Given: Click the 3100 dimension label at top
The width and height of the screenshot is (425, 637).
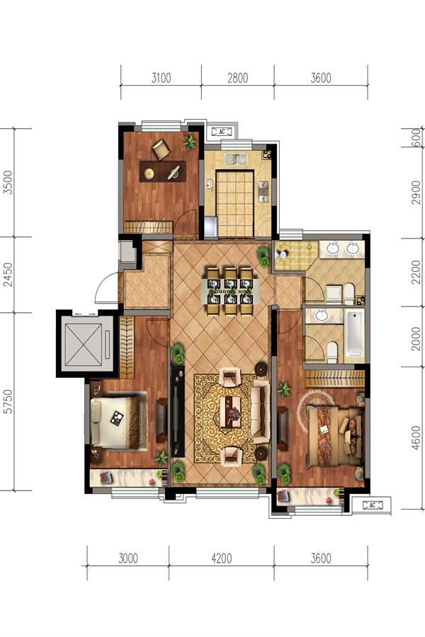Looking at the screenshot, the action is pos(161,78).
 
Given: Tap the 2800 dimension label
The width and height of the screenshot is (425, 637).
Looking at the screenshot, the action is pos(237,78).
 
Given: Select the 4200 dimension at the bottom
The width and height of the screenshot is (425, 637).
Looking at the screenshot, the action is pos(222,558).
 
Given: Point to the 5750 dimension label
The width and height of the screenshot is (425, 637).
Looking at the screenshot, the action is pos(8,401).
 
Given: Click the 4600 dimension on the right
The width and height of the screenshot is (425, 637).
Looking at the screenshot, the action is pos(415,437).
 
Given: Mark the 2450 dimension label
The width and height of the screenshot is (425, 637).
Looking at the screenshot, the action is pos(8,274).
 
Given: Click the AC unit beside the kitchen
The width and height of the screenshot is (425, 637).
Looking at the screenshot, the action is pos(222,132).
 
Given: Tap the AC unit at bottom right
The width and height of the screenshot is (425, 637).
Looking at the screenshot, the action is pos(372,505).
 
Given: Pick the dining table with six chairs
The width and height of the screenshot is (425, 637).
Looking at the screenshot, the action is pos(230,291).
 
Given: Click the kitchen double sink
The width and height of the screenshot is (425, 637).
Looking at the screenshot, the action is pos(236,159).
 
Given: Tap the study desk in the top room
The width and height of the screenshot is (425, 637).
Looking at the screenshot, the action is pos(163,171).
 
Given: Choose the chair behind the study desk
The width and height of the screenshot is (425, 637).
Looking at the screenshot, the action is pos(161,149).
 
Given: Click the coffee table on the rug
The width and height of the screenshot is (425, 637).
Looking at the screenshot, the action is pos(230,411).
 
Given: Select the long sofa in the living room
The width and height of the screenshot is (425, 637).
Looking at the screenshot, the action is pos(261,411).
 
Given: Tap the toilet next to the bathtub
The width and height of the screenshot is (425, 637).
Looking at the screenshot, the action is pos(332,352).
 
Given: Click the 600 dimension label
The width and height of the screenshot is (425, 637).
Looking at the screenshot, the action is pos(416,137).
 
